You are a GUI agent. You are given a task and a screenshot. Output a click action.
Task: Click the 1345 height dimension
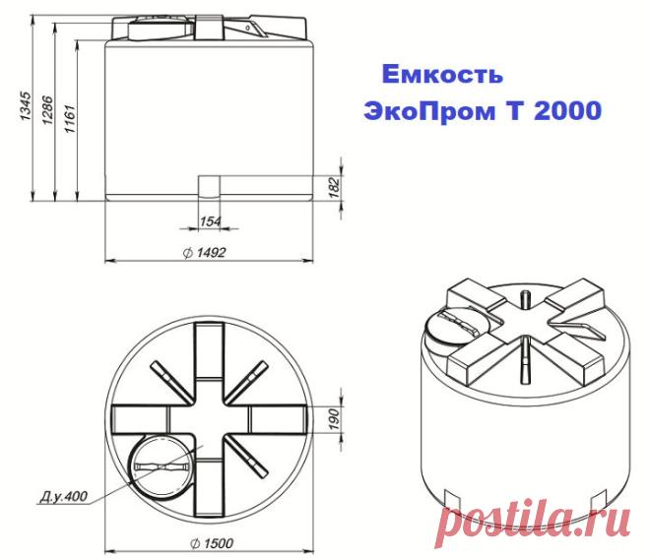pyautogui.click(x=26, y=106)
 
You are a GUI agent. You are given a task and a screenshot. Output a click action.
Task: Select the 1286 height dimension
pyautogui.click(x=47, y=110)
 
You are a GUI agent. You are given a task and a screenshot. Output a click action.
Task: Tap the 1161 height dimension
pyautogui.click(x=69, y=118)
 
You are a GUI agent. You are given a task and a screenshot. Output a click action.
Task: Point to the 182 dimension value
pyautogui.click(x=335, y=188)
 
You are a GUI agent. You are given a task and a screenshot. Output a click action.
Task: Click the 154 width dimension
pyautogui.click(x=211, y=221)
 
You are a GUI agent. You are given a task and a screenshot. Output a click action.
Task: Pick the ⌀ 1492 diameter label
pyautogui.click(x=205, y=252)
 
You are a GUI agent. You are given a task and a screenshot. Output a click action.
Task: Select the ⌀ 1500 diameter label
pyautogui.click(x=213, y=543)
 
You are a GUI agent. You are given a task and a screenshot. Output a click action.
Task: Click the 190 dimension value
pyautogui.click(x=335, y=419)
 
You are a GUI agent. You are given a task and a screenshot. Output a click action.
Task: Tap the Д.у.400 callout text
pyautogui.click(x=64, y=496)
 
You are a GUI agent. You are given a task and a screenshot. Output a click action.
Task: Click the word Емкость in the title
pyautogui.click(x=442, y=75)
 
